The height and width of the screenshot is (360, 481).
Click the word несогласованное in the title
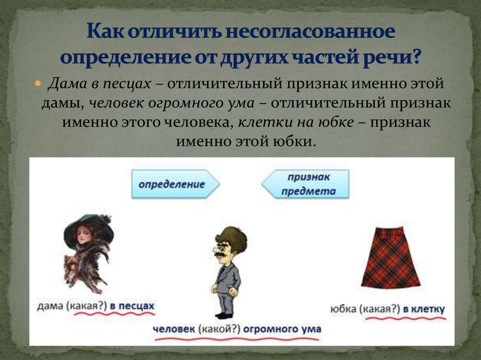310,33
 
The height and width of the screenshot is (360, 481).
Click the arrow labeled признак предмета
306,184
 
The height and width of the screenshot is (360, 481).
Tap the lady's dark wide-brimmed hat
89,225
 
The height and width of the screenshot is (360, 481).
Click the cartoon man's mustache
221,254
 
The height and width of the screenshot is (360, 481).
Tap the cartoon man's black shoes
225,315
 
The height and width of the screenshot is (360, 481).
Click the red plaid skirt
390,263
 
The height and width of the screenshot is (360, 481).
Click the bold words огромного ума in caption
282,329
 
